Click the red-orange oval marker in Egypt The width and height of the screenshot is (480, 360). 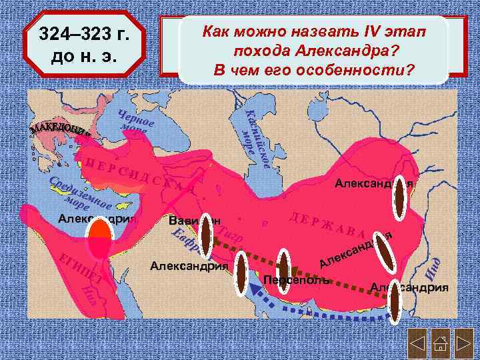pyautogui.click(x=100, y=238)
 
